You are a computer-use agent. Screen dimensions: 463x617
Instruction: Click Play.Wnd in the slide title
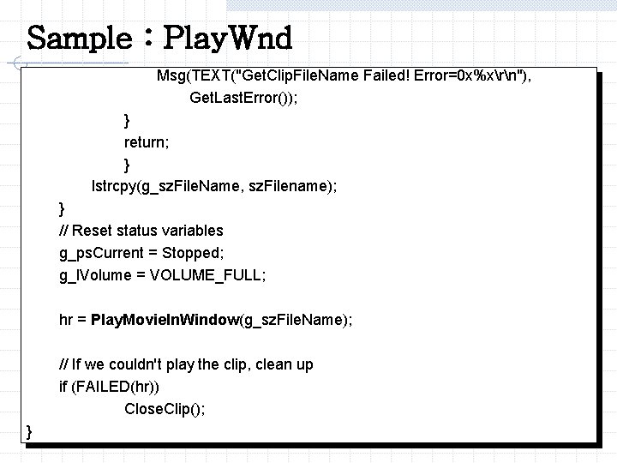(x=227, y=39)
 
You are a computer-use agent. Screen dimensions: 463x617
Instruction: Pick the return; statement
(x=147, y=141)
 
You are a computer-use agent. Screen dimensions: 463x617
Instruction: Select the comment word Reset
(x=95, y=231)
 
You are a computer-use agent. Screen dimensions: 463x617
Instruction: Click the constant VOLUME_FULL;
(x=208, y=275)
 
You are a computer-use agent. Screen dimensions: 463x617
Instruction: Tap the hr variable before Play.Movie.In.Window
(x=66, y=320)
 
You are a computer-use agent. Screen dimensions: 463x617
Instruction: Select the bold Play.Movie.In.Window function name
(x=165, y=320)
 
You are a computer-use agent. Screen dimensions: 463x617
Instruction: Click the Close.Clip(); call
(x=165, y=409)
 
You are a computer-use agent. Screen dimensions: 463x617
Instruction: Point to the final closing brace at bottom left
(x=30, y=430)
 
